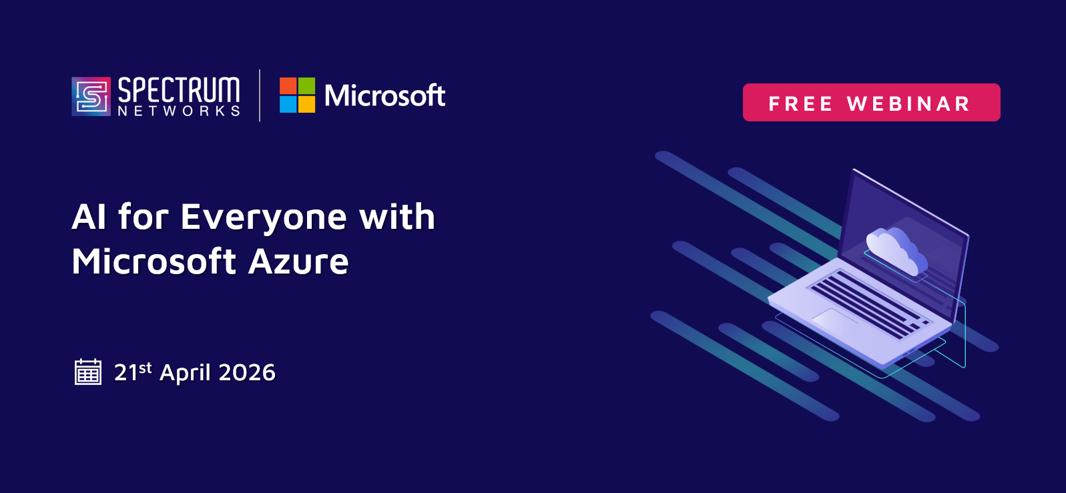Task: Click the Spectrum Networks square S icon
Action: pos(91,97)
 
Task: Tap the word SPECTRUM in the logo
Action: pos(179,89)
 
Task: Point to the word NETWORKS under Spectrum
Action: pos(179,111)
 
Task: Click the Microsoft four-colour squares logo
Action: pos(298,95)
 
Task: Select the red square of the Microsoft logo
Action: pos(288,85)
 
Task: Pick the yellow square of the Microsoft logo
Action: pos(307,105)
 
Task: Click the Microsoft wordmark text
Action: pos(385,95)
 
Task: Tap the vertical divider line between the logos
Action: pos(260,95)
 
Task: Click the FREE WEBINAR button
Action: pos(871,102)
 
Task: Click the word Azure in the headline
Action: pos(298,262)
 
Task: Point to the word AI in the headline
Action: pos(89,217)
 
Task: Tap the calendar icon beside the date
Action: pos(88,372)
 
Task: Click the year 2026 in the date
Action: pos(247,372)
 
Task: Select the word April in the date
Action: pos(185,373)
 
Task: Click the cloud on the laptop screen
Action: pos(896,251)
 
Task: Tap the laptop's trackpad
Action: pos(835,319)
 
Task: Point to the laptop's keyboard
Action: pos(868,304)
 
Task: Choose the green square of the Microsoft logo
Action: pos(307,85)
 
